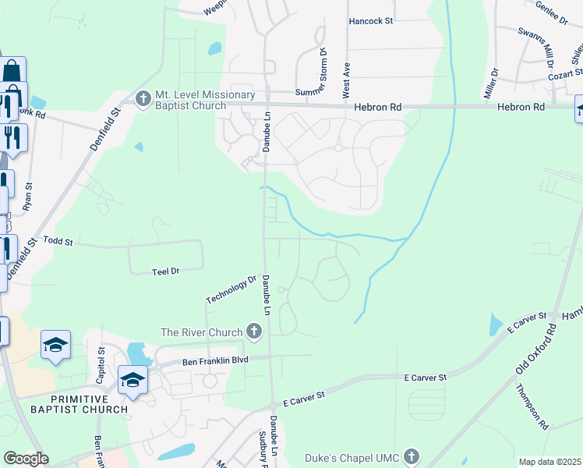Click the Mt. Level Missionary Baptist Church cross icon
[x=143, y=99]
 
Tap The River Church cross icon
[x=253, y=332]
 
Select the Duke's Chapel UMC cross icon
[x=412, y=456]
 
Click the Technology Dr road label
[x=231, y=289]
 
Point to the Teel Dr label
[x=166, y=271]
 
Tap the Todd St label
[x=58, y=242]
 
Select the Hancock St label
[x=371, y=21]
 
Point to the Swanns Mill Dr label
[x=535, y=44]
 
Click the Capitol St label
[x=101, y=361]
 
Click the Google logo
[x=26, y=459]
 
